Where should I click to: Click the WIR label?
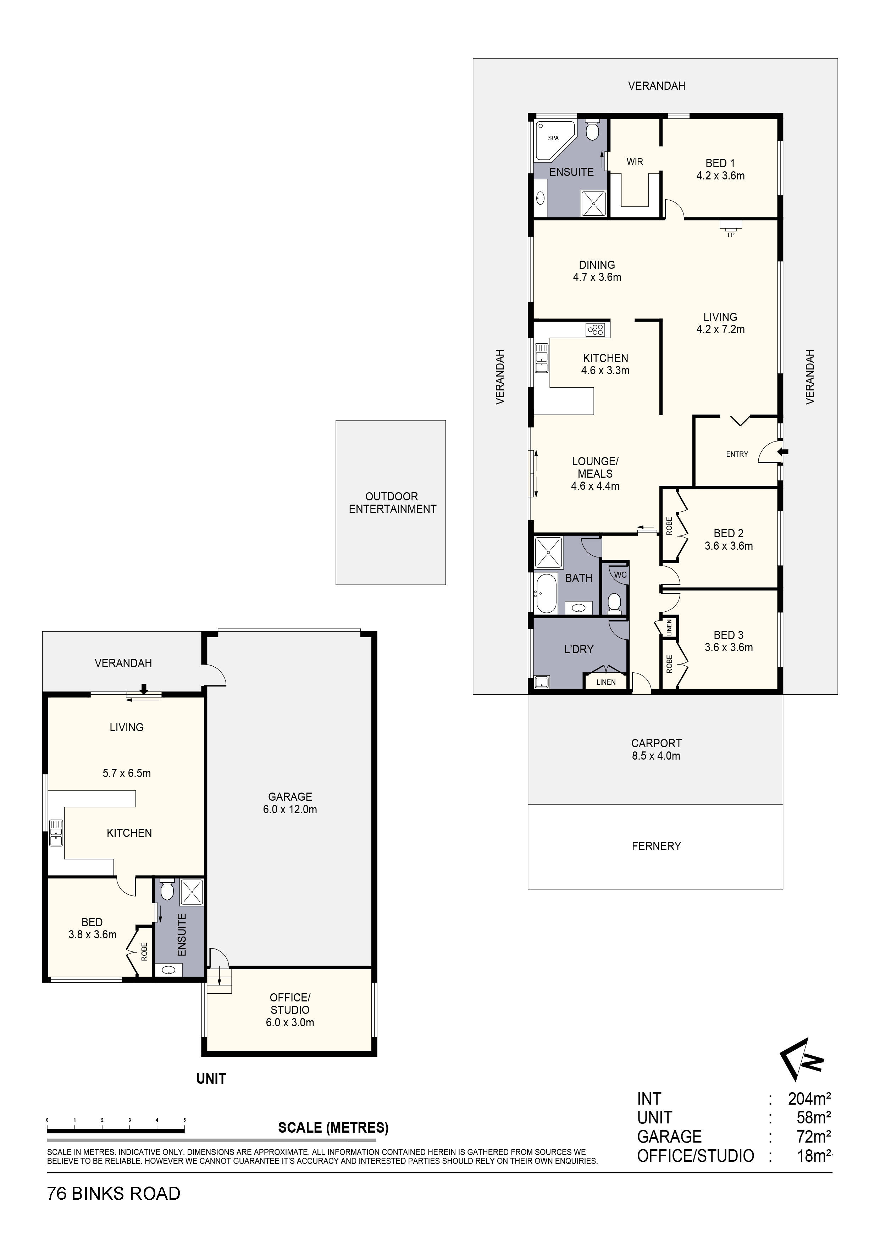point(635,161)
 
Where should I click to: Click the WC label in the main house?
point(620,575)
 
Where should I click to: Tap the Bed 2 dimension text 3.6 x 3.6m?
point(728,546)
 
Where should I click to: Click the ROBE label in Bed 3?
point(669,664)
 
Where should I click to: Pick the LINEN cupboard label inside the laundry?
point(606,682)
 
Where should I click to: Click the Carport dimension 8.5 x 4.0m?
point(656,756)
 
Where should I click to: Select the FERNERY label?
point(656,846)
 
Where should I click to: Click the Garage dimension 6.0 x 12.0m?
point(290,810)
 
